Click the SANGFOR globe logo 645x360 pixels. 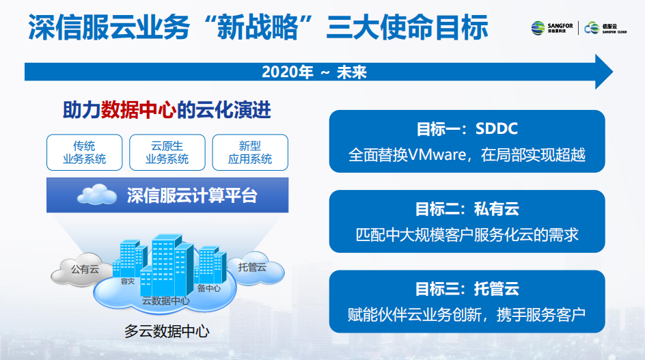538,28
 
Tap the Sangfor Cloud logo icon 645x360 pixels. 592,28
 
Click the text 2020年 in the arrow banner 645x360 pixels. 288,72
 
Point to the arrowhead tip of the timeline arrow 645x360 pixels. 613,72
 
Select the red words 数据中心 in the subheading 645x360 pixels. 139,110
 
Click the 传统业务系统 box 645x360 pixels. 84,152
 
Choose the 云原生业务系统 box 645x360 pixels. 167,152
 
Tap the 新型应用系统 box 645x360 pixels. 250,152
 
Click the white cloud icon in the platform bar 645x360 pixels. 97,195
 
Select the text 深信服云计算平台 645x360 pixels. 192,195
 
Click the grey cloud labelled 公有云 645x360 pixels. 81,270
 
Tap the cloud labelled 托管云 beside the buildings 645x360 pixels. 256,268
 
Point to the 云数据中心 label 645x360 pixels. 166,301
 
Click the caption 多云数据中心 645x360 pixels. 167,331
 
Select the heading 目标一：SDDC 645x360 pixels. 467,129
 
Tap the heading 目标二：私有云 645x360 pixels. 467,209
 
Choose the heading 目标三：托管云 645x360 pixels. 467,289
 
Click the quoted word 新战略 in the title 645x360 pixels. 258,27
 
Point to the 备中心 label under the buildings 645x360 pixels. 209,288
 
